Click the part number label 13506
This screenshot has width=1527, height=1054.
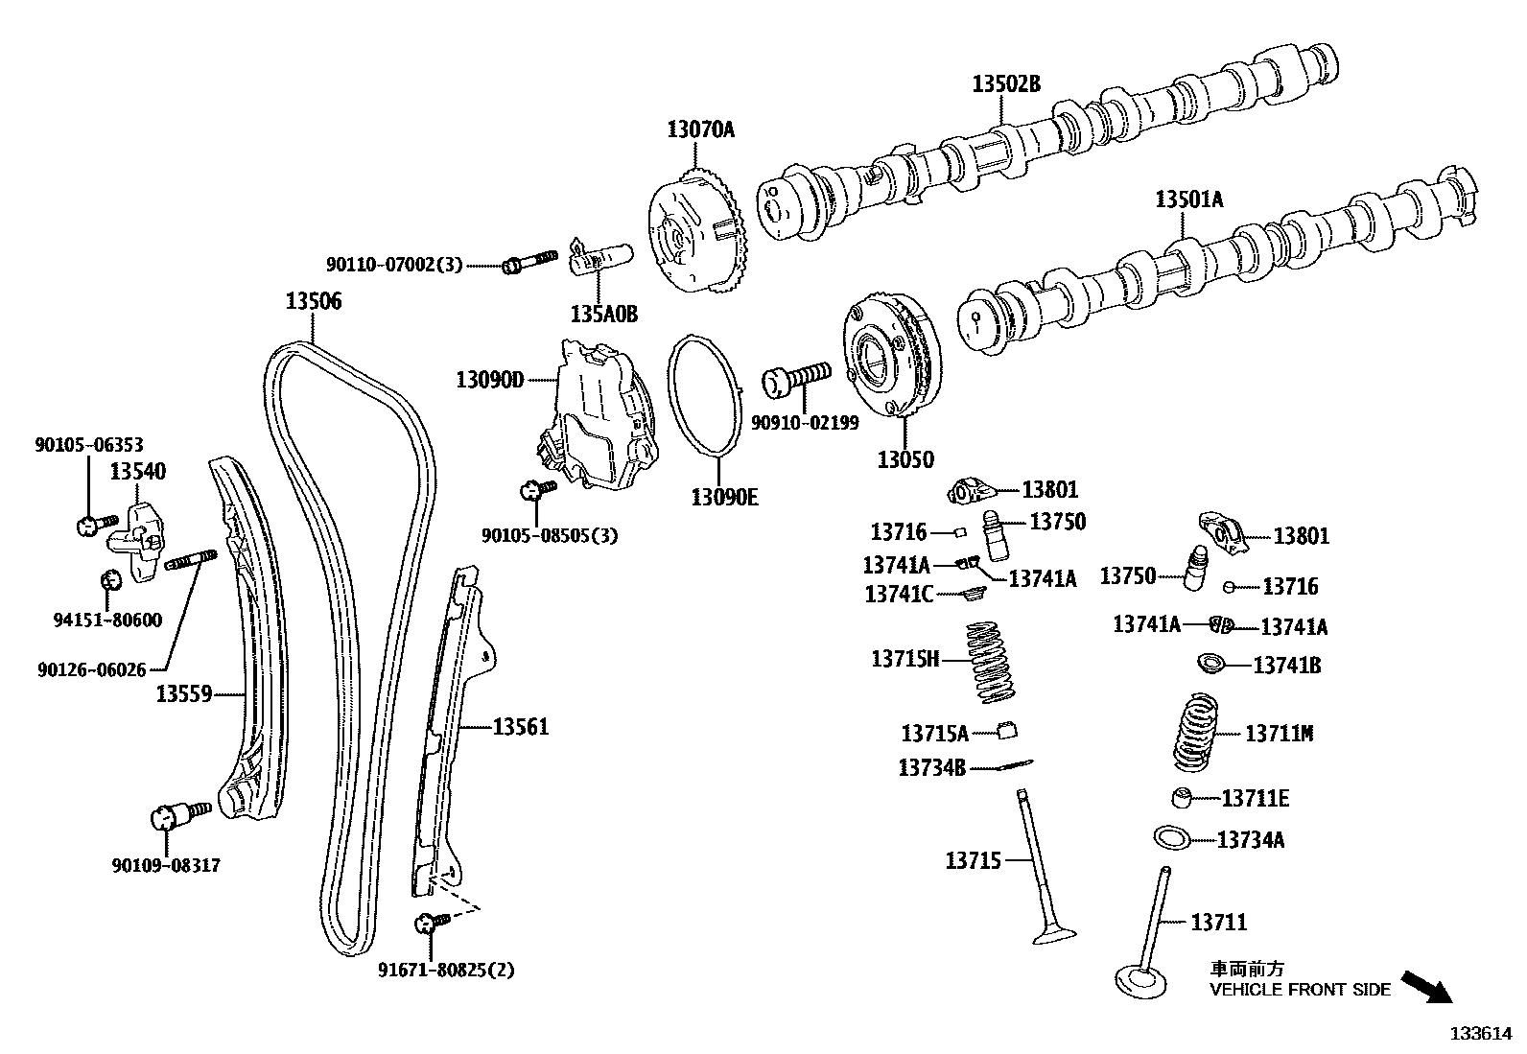tap(313, 301)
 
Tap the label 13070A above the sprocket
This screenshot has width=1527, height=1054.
tap(700, 129)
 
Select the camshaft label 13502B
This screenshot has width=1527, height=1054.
tap(1005, 83)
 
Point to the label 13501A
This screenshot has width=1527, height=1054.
tap(1188, 199)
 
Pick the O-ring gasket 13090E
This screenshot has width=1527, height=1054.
tap(705, 395)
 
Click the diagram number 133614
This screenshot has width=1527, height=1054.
tap(1480, 1034)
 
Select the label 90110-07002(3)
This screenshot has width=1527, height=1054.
tap(394, 264)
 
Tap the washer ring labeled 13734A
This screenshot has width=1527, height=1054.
tap(1172, 837)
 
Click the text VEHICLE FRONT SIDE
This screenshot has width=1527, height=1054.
tap(1300, 990)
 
